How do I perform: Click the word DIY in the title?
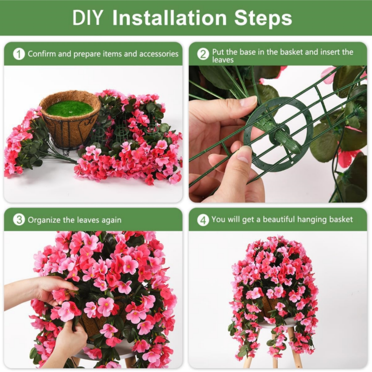pos(87,18)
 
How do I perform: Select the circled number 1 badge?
pos(19,54)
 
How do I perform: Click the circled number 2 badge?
pos(203,54)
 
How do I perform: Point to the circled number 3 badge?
pos(19,220)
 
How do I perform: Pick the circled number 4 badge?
pos(203,220)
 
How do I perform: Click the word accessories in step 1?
pos(159,54)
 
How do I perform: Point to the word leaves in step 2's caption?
pos(223,60)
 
